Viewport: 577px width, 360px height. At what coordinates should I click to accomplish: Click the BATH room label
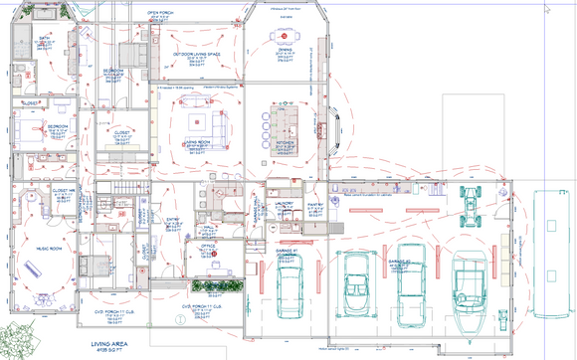click(45, 38)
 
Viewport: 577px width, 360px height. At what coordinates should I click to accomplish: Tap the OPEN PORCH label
click(161, 13)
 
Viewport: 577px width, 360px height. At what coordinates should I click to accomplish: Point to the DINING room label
click(285, 48)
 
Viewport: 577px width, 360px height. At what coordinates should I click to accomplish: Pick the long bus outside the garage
click(546, 239)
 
